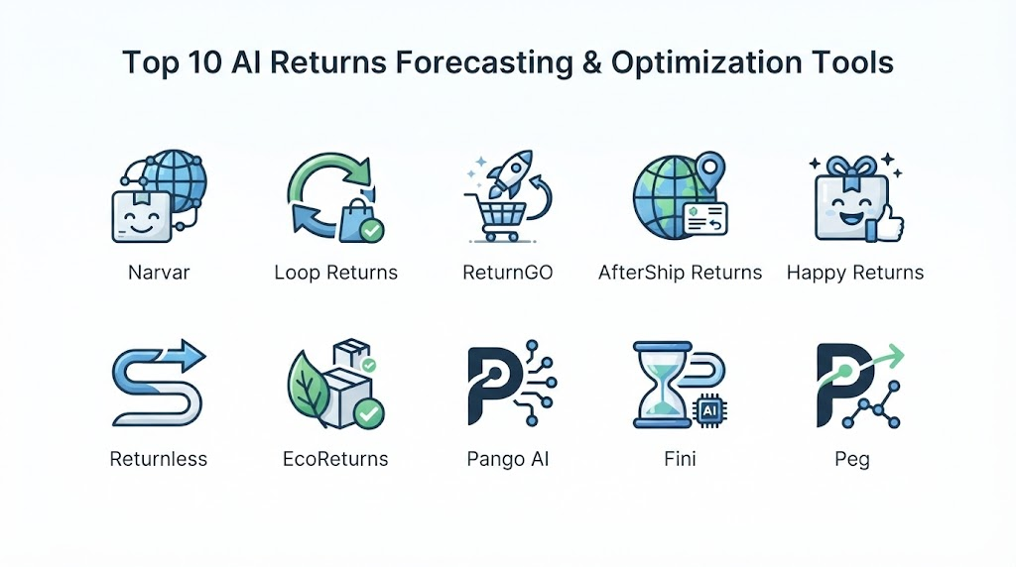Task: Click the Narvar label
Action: [159, 273]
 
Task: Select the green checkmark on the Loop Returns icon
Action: [371, 230]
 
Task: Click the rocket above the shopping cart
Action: [509, 173]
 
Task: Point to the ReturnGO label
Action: [507, 273]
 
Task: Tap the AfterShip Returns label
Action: [680, 273]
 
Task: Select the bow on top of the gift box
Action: [854, 167]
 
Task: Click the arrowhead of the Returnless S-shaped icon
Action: [189, 355]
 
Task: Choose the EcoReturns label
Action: [335, 459]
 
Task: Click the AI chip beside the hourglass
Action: [709, 411]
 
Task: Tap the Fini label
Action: [680, 459]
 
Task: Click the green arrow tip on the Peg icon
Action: [895, 355]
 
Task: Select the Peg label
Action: [852, 460]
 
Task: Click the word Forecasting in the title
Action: [484, 63]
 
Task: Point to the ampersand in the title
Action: [592, 62]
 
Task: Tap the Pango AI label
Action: [507, 460]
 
